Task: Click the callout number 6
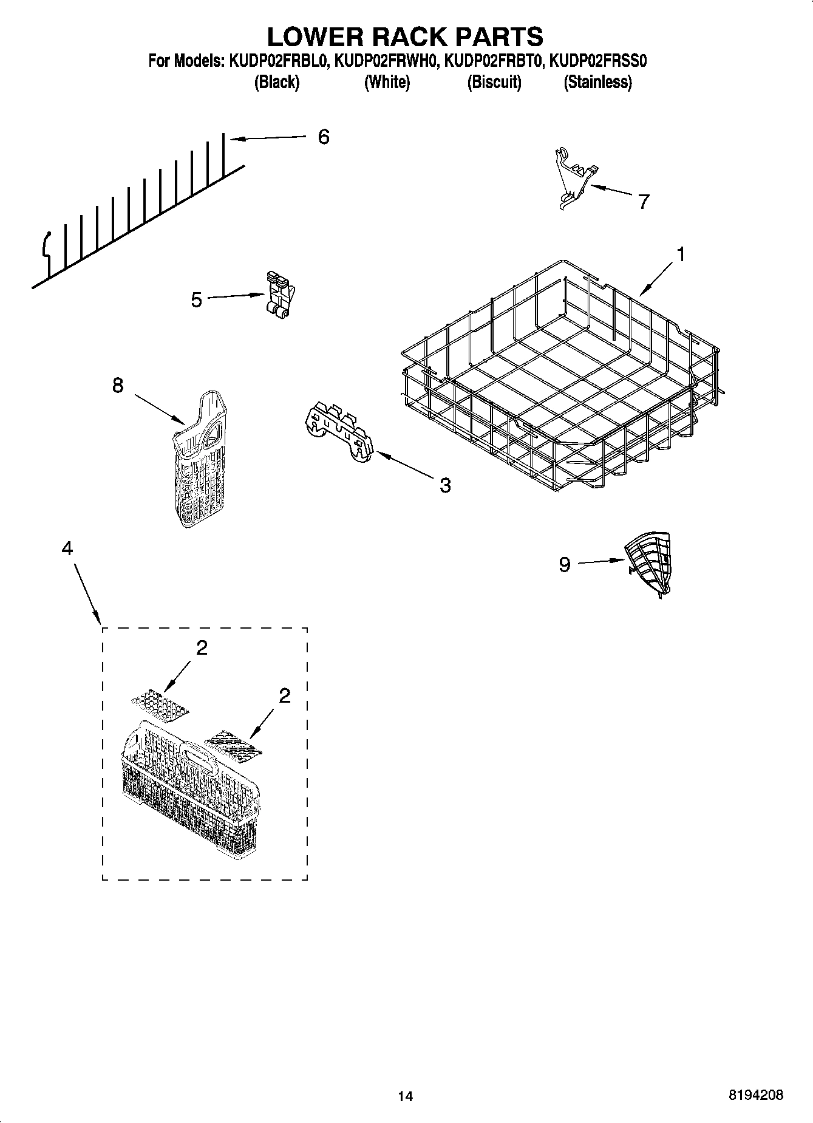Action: click(324, 137)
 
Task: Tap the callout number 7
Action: click(644, 201)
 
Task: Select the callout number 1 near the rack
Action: click(681, 254)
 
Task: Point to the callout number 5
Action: click(196, 299)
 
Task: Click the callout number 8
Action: click(118, 385)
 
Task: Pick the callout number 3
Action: click(445, 485)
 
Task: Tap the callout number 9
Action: click(564, 565)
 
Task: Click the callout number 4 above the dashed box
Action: click(67, 548)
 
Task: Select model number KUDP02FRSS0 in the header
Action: click(599, 61)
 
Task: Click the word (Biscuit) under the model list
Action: click(494, 82)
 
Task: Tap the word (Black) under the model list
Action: click(276, 82)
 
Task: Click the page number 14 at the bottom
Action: click(405, 1096)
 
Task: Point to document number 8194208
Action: click(755, 1095)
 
